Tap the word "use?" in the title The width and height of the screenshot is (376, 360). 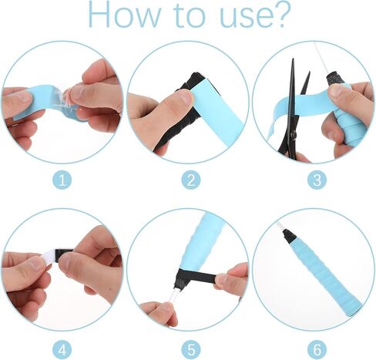tap(255, 17)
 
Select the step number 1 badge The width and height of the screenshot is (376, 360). tap(62, 180)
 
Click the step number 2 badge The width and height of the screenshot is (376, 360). tap(191, 180)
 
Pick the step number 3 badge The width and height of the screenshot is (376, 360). tap(317, 180)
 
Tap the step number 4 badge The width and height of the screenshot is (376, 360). tap(62, 350)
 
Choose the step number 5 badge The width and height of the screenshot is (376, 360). tap(191, 350)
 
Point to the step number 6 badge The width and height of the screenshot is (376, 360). tap(317, 350)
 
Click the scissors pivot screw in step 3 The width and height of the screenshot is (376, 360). tap(294, 134)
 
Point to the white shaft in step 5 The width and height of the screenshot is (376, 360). tap(172, 299)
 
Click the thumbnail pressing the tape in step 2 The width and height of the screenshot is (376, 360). tap(185, 97)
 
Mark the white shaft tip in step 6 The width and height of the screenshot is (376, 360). tap(278, 224)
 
